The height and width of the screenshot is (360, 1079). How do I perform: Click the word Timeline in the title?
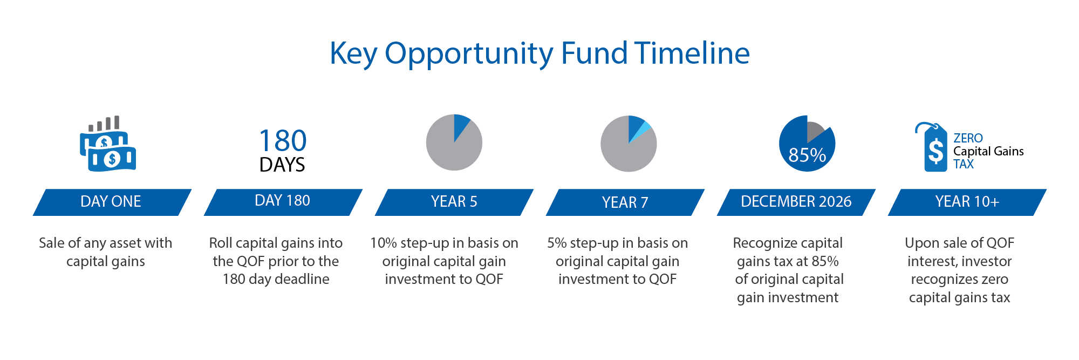(692, 53)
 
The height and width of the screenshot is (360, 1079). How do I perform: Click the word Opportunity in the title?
(469, 55)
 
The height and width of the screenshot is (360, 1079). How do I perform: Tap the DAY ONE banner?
(112, 202)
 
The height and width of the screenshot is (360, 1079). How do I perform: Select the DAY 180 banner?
(283, 202)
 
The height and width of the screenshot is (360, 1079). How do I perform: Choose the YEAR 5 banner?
(454, 202)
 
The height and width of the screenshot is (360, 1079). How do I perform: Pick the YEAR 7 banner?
(625, 202)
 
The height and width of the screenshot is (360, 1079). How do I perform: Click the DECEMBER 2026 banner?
(796, 202)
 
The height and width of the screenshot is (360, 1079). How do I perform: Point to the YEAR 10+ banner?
(967, 202)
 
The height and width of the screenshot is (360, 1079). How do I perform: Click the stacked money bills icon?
(108, 144)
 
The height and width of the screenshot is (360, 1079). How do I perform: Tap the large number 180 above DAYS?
(283, 141)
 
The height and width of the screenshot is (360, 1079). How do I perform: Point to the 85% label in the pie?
(807, 155)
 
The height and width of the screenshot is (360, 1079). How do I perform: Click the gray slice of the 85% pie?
(814, 130)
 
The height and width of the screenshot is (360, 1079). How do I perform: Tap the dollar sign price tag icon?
(933, 147)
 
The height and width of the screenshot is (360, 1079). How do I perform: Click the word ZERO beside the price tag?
(968, 138)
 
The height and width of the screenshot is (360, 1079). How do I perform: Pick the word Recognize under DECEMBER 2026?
(760, 244)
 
